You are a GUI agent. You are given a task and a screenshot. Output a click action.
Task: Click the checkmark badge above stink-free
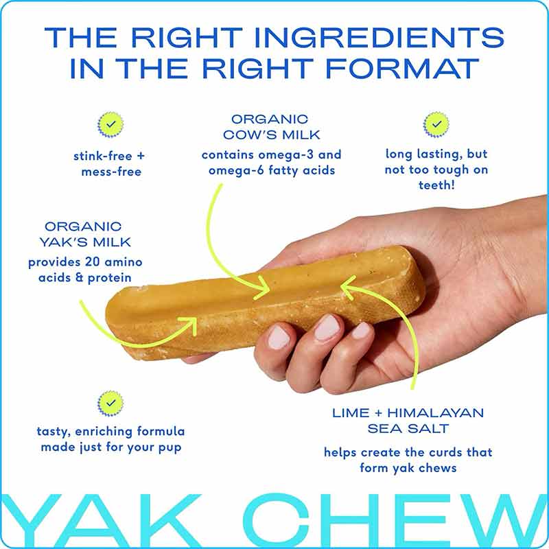(110, 124)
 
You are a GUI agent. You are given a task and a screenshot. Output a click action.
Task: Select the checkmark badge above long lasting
(436, 124)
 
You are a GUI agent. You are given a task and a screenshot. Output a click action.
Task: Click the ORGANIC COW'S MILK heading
(270, 126)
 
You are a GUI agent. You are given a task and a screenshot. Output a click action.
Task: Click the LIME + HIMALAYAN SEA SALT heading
(408, 421)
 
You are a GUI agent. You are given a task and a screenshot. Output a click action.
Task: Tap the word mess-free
(110, 172)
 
